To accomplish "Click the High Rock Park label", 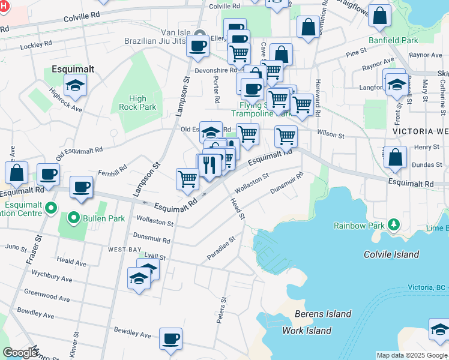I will click(137, 103).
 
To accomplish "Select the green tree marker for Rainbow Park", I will click(393, 224).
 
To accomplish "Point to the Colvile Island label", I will click(391, 254).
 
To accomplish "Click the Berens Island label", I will click(322, 314).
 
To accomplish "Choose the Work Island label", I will click(307, 331).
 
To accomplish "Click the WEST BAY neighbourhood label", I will click(124, 248).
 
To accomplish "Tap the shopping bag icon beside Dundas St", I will click(395, 158).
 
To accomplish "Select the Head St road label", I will click(237, 208).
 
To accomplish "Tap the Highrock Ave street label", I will click(66, 100).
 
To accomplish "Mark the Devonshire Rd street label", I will click(203, 70).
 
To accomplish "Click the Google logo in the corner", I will click(20, 353).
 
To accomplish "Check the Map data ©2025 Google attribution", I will click(412, 355).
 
